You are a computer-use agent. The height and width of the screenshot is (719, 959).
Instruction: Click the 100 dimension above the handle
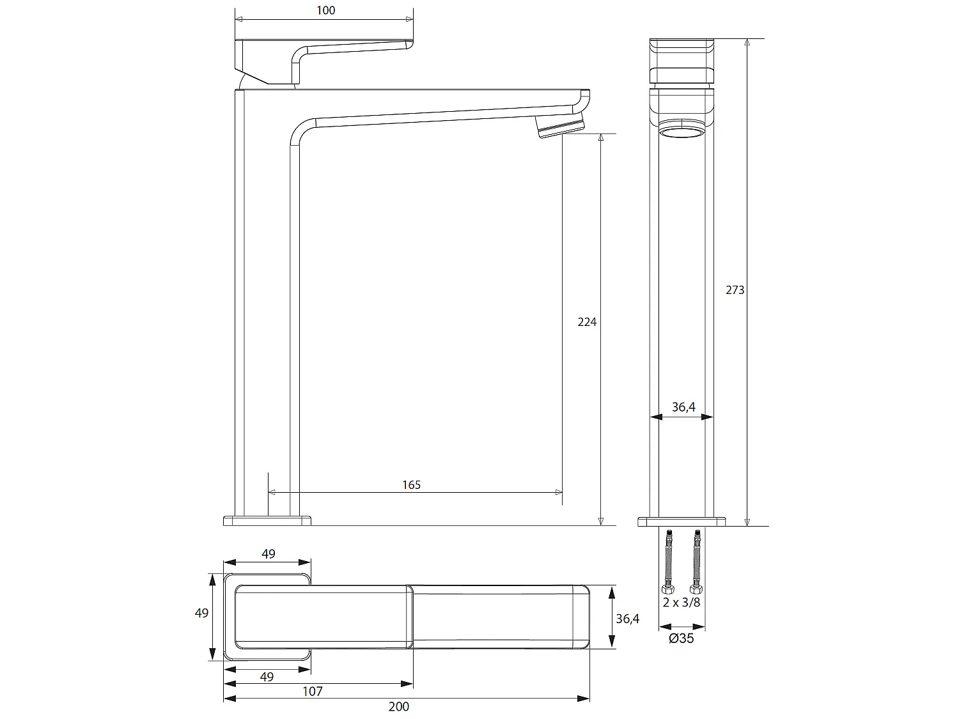coord(325,10)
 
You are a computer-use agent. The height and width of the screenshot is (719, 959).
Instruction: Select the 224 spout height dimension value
coord(587,322)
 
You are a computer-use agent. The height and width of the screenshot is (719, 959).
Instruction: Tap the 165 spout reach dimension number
coord(412,485)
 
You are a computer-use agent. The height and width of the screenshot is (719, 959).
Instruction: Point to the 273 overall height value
coord(735,290)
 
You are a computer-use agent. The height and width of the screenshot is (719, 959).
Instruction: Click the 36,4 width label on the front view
coord(683,407)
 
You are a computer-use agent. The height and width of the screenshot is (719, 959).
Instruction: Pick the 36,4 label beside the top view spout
coord(628,619)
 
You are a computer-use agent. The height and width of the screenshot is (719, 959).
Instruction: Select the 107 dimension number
coord(313,691)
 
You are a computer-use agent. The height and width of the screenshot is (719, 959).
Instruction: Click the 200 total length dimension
coord(398,706)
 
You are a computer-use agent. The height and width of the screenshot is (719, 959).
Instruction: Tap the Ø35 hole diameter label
coord(682,638)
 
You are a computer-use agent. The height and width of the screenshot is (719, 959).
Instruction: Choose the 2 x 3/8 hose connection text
coord(682,603)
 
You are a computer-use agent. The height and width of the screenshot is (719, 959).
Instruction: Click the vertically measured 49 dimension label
coord(201,613)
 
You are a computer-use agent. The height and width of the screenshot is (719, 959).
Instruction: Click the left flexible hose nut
coord(667,588)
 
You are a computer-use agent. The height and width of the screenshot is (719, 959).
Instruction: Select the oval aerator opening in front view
coord(682,133)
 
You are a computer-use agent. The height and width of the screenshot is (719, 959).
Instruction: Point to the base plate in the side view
coord(267,520)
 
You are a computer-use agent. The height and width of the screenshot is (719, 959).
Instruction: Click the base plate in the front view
coord(682,522)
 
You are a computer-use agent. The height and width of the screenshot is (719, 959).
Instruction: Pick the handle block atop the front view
coord(682,61)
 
